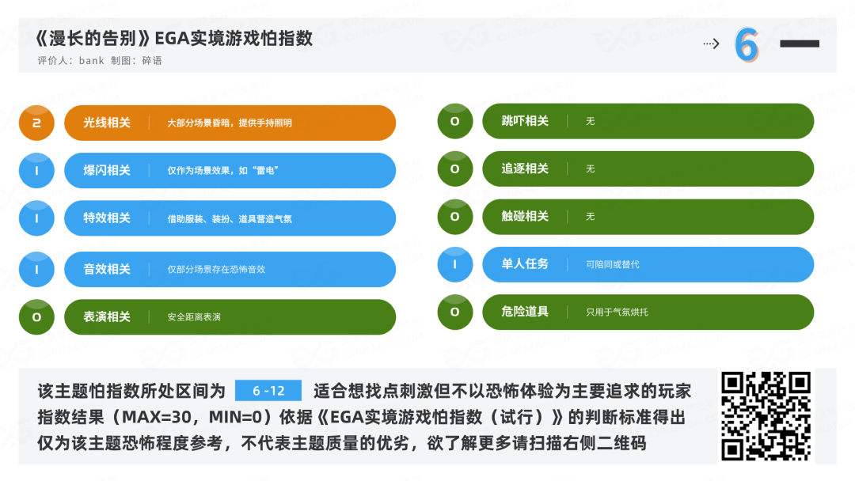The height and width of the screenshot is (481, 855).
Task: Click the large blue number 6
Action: [746, 45]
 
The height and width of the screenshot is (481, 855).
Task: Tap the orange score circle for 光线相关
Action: [36, 123]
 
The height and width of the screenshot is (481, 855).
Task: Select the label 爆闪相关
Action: [107, 171]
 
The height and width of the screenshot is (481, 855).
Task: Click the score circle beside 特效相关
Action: [36, 218]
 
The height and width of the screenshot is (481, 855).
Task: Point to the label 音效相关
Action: [107, 269]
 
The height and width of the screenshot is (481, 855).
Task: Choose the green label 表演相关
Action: [107, 316]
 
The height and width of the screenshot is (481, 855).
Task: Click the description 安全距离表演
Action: [194, 317]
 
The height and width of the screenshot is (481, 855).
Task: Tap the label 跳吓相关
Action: [525, 121]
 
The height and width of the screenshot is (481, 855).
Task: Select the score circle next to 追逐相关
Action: [454, 169]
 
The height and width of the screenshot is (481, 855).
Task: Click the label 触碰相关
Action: [525, 216]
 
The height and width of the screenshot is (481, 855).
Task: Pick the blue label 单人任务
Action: [525, 263]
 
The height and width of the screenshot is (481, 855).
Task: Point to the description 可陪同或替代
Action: [613, 264]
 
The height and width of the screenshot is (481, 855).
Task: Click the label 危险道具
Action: [525, 312]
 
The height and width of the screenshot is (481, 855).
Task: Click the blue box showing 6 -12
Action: [268, 391]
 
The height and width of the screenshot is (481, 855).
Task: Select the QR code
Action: [766, 416]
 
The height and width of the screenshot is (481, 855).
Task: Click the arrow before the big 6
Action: [711, 44]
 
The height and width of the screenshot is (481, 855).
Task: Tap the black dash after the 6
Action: [799, 44]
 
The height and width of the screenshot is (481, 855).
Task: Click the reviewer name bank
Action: [92, 61]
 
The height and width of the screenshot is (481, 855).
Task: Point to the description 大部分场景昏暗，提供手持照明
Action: [230, 123]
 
